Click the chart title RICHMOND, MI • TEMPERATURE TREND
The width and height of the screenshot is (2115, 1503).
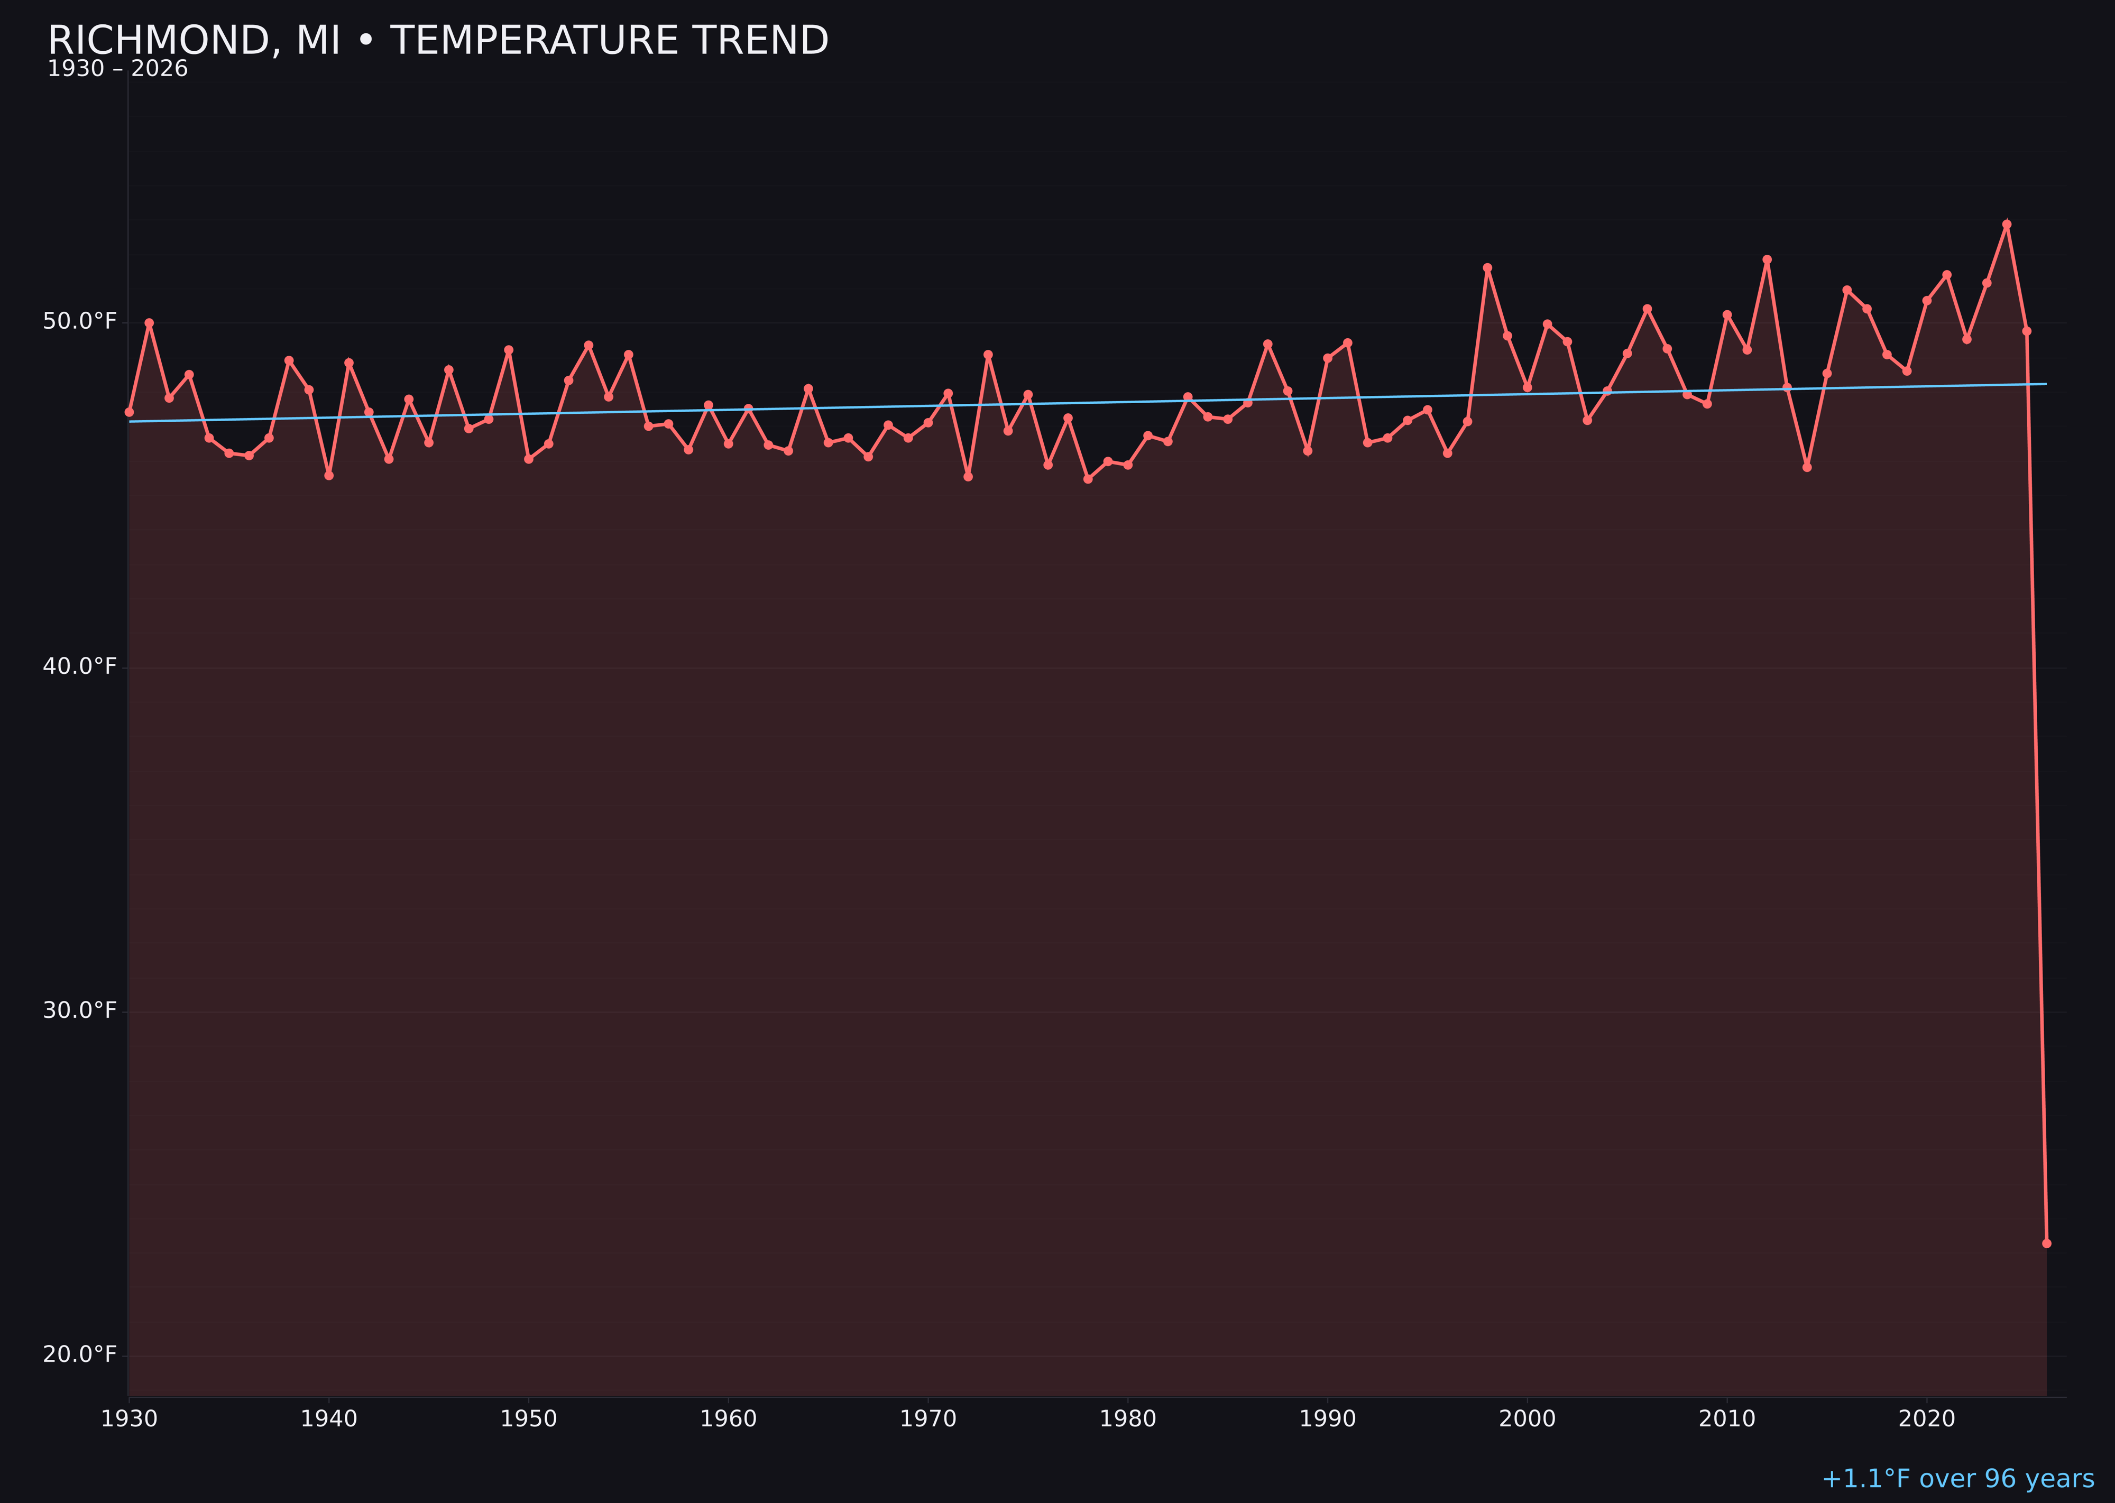438,41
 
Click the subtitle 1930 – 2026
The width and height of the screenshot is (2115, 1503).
117,69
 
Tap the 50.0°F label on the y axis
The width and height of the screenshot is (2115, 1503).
80,321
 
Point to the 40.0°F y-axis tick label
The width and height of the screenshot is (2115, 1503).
80,666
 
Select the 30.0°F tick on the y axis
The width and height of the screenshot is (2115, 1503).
80,1010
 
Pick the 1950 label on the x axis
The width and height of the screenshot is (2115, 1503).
529,1419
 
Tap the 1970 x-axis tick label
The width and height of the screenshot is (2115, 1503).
928,1419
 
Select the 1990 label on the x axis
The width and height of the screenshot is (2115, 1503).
1327,1419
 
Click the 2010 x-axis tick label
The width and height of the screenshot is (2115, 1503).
1727,1419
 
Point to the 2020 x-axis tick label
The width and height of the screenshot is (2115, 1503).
1926,1419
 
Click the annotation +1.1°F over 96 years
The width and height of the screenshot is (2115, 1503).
1957,1479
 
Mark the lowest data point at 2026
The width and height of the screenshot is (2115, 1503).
2046,1243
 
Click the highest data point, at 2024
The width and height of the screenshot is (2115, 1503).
2007,224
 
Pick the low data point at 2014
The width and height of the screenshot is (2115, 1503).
1807,467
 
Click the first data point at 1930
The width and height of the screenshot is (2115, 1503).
128,412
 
